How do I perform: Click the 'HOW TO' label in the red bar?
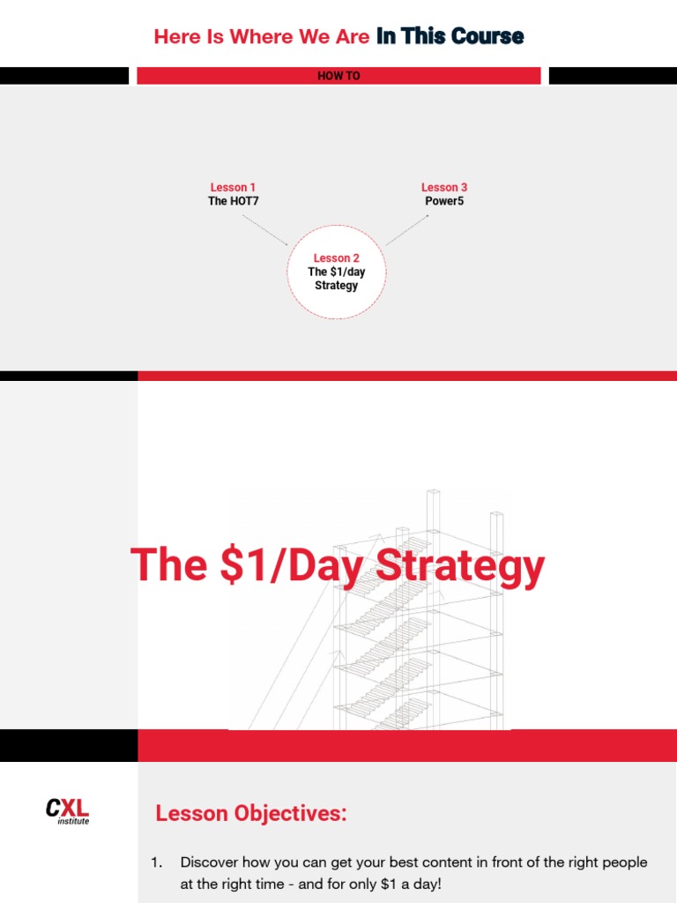(x=338, y=76)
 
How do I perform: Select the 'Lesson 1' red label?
(x=233, y=187)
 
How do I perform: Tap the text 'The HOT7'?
(x=233, y=201)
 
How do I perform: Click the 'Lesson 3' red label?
(x=444, y=187)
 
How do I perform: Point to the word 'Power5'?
(x=444, y=201)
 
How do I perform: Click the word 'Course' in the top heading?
(x=487, y=36)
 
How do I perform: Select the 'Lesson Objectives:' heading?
(x=251, y=814)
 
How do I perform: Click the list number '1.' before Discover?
(x=157, y=862)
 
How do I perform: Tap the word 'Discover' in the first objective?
(x=212, y=862)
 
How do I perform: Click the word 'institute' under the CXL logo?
(x=73, y=822)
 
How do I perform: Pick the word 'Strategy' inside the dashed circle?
(x=337, y=286)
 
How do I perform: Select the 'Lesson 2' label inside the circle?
(x=337, y=258)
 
